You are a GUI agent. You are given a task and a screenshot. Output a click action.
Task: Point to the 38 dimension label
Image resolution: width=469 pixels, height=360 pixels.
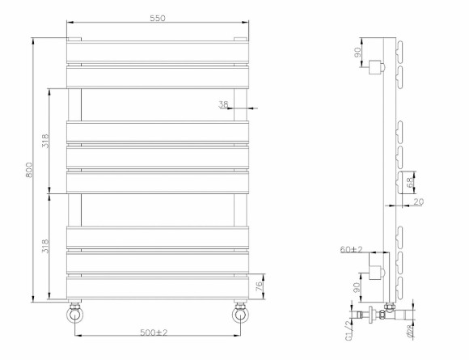coord(224,104)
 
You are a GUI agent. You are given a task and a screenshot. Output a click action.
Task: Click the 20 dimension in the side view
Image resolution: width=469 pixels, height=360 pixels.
coord(418,202)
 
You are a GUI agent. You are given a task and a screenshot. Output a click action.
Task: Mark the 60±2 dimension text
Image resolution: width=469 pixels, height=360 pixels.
coord(350,250)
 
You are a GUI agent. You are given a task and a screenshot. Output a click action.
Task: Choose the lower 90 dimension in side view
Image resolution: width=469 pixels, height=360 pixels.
coord(357,287)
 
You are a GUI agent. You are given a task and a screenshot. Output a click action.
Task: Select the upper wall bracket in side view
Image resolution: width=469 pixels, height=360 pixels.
coord(377,67)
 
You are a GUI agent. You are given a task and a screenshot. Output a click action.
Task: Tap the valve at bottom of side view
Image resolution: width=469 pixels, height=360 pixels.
coord(380,313)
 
